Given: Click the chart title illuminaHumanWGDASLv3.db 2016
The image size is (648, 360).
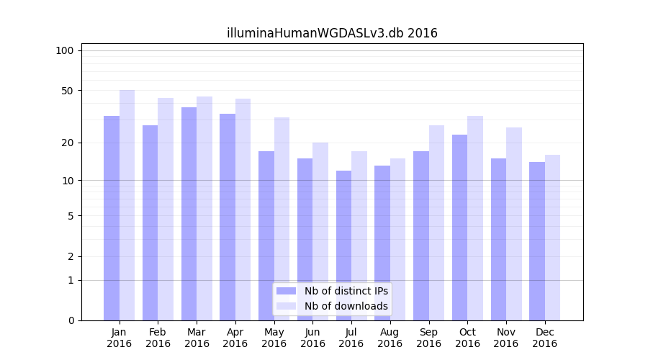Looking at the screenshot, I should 332,33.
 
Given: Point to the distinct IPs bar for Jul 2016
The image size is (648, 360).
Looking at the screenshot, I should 343,246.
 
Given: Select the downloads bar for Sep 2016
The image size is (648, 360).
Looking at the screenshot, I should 436,223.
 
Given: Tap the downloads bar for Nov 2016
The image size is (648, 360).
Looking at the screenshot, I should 514,224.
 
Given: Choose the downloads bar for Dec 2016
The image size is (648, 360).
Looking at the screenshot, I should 552,238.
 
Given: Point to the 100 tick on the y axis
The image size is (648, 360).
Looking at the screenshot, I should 65,50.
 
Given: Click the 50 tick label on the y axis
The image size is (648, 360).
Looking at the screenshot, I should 67,91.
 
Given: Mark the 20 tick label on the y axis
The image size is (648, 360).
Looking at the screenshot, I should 67,143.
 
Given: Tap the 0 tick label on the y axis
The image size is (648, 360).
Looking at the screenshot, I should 71,320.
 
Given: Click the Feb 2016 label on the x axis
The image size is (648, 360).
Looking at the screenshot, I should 158,338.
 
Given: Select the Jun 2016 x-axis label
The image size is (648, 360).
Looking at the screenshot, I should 312,338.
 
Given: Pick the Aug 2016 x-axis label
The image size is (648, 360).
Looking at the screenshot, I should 390,338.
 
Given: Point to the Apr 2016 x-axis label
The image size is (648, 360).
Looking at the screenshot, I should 235,338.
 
